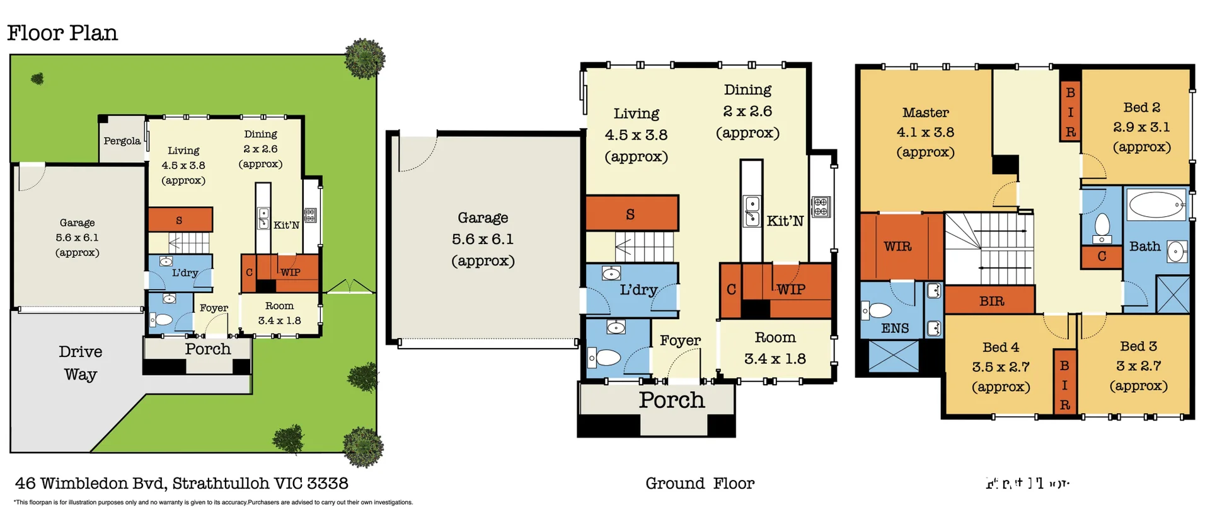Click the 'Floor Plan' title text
62,33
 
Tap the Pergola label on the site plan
122,141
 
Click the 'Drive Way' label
80,363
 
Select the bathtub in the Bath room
1156,205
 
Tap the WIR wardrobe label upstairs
897,247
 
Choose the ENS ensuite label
894,328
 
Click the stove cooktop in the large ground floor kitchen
821,207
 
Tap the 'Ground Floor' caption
700,484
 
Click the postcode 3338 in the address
327,484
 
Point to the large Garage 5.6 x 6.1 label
483,239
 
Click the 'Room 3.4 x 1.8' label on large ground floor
775,348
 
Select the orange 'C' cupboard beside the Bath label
1102,257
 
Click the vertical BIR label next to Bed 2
1070,112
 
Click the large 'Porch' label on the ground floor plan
672,400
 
